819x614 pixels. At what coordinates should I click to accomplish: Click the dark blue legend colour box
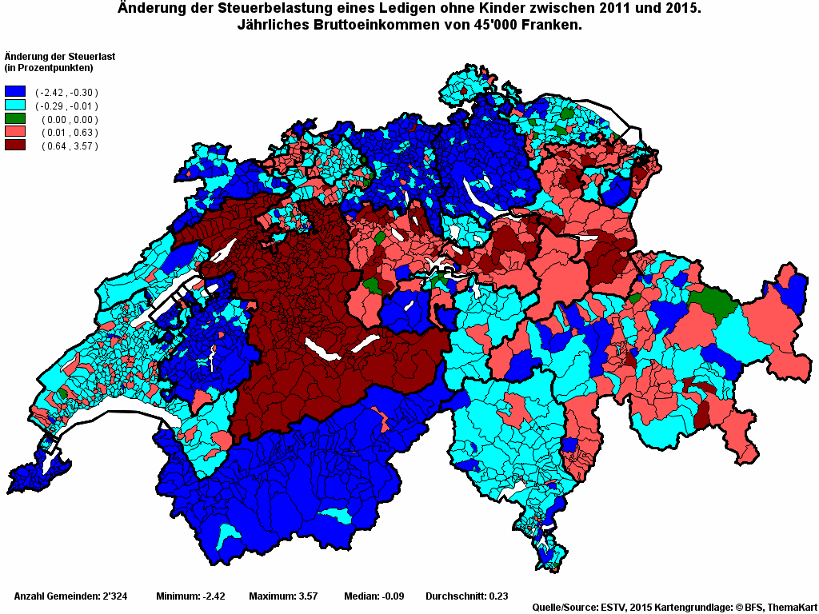pyautogui.click(x=15, y=92)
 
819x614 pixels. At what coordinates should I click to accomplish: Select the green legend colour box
pyautogui.click(x=15, y=118)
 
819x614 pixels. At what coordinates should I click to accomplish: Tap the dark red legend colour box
pyautogui.click(x=15, y=145)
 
